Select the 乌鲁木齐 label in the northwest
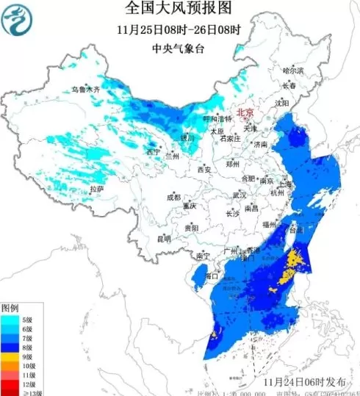84,88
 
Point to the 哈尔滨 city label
293,70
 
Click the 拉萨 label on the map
97,189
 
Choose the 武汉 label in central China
240,195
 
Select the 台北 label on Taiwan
294,229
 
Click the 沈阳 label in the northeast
282,104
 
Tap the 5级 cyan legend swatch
9,320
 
